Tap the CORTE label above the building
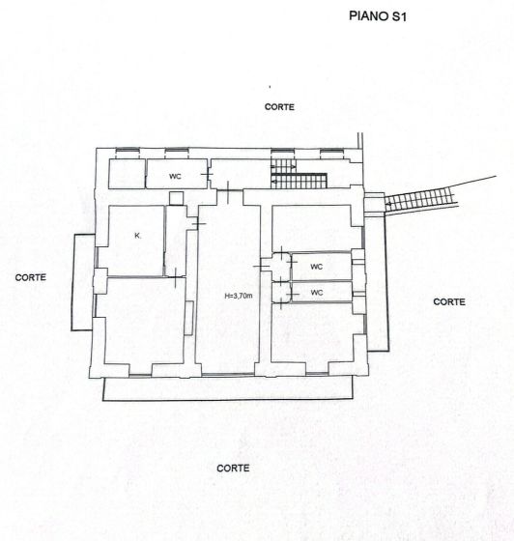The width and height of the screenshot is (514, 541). pos(279,107)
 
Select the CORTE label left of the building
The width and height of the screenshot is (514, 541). pos(31,277)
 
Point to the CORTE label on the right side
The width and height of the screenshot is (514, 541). pos(449,301)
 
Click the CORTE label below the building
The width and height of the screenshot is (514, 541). pos(233,468)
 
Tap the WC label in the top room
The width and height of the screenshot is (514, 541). pos(175,177)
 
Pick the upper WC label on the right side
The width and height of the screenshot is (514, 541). pos(316,266)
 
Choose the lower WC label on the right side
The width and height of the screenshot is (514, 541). pos(316,290)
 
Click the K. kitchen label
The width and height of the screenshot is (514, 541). pos(138,236)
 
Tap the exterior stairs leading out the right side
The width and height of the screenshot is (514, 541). pos(421,201)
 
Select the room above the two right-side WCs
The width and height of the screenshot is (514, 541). pos(311,228)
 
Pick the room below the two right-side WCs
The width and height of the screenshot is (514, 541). pos(311,338)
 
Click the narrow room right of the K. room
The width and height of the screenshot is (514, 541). pos(177,242)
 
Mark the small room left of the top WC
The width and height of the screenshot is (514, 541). pos(126,174)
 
